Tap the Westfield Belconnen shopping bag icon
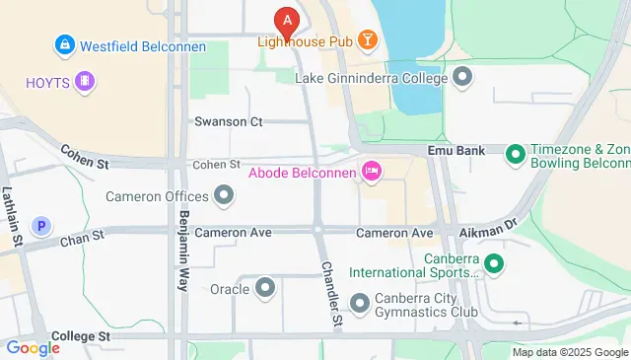coord(64,45)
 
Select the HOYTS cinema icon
coord(86,81)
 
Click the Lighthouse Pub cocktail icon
coord(367,40)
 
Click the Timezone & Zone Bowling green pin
coord(514,154)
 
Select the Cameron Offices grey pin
coord(224,195)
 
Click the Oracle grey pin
coord(265,289)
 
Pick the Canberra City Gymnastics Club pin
coord(359,303)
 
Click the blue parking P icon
coord(41,227)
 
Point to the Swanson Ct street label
coord(229,122)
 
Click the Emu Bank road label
coord(453,151)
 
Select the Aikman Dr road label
coord(488,229)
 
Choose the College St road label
coord(81,336)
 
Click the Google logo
coord(33,348)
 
